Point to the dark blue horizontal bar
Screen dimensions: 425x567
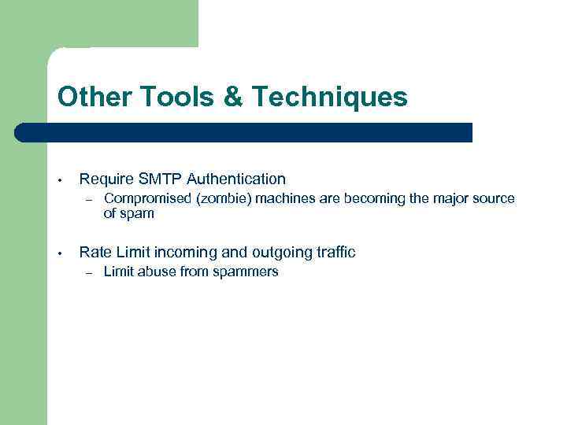(x=244, y=132)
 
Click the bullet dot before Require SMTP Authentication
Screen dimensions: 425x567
(x=60, y=180)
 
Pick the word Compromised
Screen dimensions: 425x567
(x=149, y=199)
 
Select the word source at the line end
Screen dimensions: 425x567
(x=493, y=199)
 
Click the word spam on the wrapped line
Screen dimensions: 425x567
(x=138, y=213)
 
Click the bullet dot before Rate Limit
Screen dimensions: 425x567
(x=60, y=253)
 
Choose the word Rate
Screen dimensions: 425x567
(x=95, y=253)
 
